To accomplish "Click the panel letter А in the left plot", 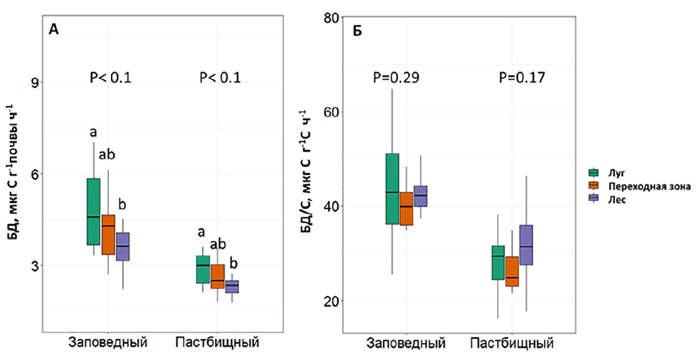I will coord(54,30).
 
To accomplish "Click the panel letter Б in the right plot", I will coord(357,31).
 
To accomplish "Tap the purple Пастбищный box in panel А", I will coord(231,286).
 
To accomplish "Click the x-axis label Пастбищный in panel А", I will coord(217,342).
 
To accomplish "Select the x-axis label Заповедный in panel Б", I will coord(406,344).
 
